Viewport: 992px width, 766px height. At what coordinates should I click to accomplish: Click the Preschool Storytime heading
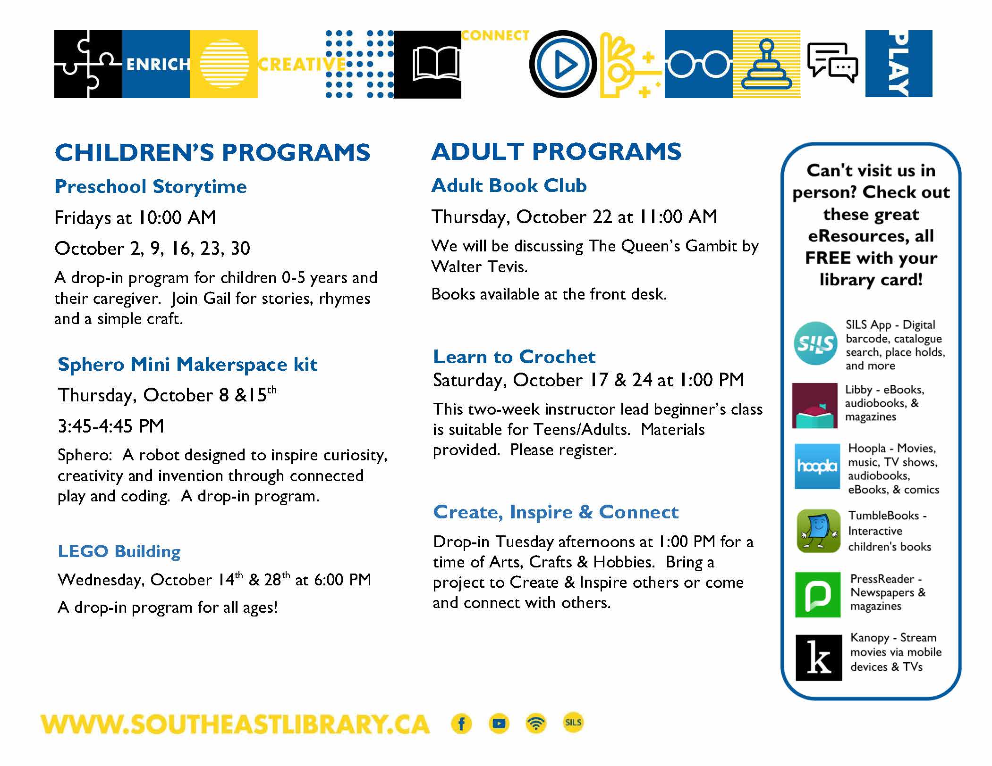click(151, 187)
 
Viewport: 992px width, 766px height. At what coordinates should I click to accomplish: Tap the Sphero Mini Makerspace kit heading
click(187, 365)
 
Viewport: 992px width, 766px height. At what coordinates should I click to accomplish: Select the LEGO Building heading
click(119, 551)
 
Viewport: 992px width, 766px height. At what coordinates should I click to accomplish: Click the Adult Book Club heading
click(509, 185)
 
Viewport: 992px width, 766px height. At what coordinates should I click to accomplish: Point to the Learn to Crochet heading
click(514, 357)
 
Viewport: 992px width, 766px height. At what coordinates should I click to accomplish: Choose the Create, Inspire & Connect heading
click(556, 512)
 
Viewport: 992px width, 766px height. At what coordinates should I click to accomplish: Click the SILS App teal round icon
click(815, 343)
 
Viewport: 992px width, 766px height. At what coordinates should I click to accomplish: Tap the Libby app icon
click(815, 406)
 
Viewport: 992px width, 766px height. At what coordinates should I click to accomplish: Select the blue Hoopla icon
click(817, 466)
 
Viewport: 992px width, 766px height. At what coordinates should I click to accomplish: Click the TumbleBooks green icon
click(818, 531)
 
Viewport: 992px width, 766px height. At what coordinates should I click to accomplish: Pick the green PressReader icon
click(818, 595)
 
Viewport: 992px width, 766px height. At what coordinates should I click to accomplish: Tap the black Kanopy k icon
click(819, 658)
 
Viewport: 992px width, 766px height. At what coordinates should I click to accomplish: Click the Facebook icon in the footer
click(462, 724)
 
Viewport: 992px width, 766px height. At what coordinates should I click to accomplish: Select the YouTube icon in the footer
click(499, 724)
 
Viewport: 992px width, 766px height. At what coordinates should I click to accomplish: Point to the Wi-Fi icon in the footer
click(536, 724)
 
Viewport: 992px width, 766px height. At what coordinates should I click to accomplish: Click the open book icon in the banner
click(435, 65)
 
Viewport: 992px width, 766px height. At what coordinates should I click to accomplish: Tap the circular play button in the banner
click(563, 64)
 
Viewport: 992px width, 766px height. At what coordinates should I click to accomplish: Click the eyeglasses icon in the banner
click(699, 64)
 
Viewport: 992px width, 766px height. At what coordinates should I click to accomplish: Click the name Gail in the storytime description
click(217, 299)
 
